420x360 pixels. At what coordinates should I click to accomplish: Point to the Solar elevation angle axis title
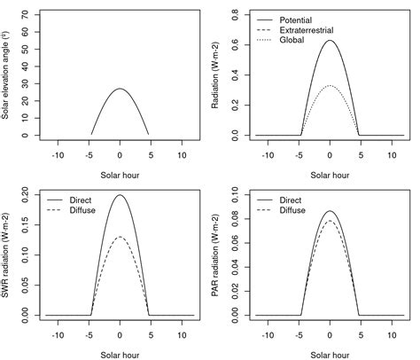9,75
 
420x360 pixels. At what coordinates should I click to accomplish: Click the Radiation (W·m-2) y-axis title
220,75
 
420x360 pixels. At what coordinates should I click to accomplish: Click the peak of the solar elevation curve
120,89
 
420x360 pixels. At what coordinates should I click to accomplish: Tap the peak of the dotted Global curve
330,85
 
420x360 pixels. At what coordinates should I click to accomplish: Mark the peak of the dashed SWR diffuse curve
120,237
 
